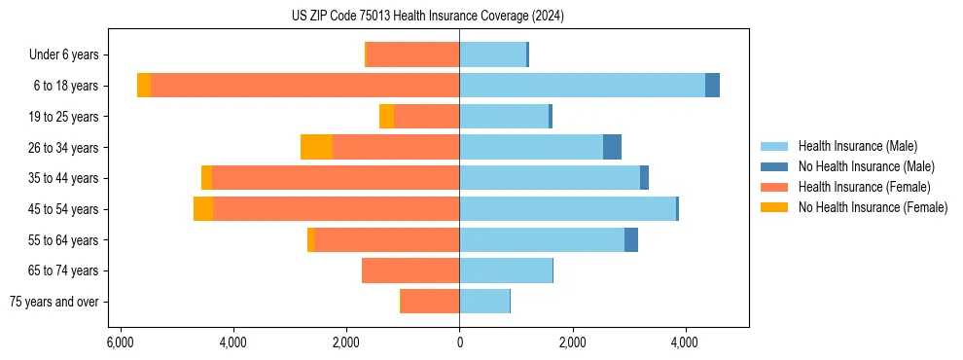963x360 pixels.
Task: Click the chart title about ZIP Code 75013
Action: (x=427, y=17)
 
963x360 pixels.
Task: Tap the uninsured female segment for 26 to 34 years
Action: (x=316, y=147)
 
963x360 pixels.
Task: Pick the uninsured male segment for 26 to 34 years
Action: (x=612, y=147)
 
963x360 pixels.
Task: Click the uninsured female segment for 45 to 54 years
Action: (x=203, y=209)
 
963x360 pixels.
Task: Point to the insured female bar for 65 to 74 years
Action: (x=410, y=270)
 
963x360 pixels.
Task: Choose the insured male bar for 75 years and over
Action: (x=484, y=302)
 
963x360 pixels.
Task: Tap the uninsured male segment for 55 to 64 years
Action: (x=631, y=239)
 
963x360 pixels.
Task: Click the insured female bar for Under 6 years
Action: (x=412, y=54)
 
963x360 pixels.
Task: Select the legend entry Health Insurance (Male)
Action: (x=855, y=146)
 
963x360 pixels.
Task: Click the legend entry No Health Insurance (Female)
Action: (x=872, y=207)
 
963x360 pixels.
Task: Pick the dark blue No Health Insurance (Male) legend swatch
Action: (x=775, y=166)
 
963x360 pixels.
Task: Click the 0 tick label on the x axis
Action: (x=459, y=342)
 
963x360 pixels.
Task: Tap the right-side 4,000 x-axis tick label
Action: (x=685, y=342)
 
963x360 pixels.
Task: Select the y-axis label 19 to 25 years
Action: (x=64, y=117)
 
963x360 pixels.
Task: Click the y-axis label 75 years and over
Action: (x=54, y=302)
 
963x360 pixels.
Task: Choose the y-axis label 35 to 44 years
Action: (x=64, y=178)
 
